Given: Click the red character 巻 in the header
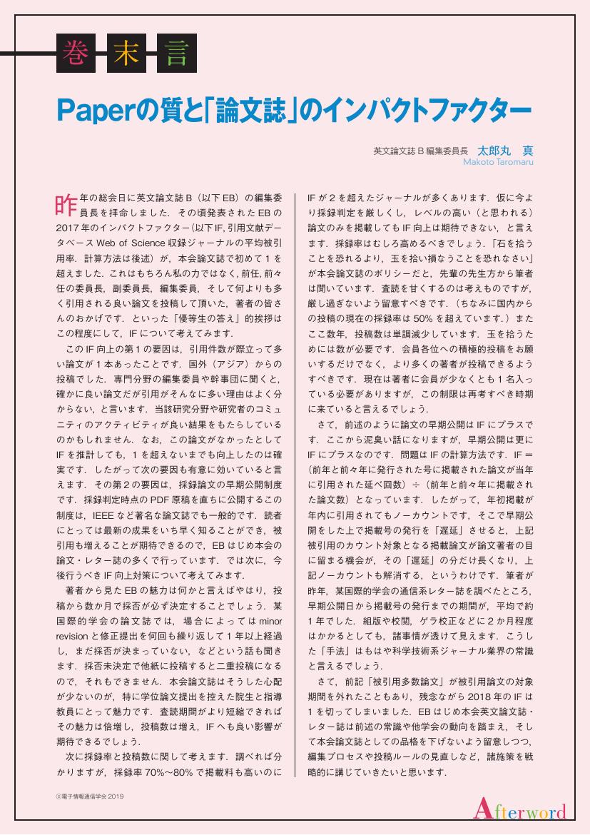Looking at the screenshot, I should pos(73,53).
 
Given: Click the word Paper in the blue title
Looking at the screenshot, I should pos(93,111).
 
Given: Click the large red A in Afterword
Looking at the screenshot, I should pos(482,809).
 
